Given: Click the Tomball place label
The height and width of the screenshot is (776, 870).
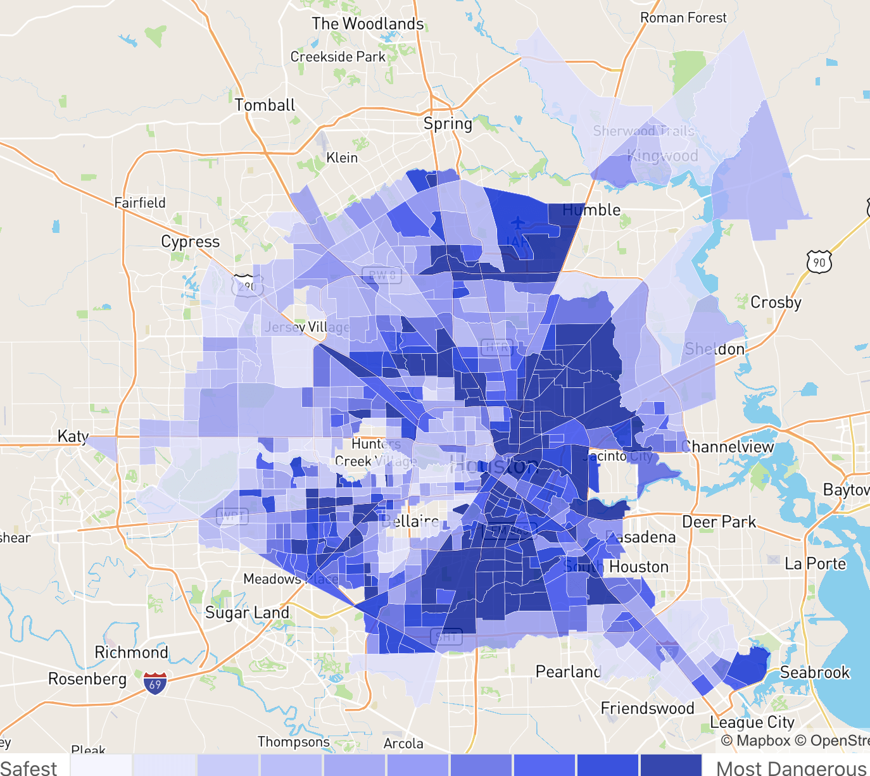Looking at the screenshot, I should (265, 105).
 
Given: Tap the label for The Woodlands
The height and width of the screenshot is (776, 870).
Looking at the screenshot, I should (367, 24).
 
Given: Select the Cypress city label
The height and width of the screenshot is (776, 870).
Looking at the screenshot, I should (190, 242).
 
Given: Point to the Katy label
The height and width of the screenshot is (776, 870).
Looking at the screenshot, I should (73, 436).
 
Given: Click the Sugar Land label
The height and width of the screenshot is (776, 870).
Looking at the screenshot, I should (247, 613).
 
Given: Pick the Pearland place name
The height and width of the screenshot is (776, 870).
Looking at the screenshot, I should (568, 672).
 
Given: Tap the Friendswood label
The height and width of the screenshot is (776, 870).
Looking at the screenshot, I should (647, 708).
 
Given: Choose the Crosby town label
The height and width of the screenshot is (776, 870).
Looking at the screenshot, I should (776, 303).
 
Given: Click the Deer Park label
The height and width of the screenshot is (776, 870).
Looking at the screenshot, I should (719, 522).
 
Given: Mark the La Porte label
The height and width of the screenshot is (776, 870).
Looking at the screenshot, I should (815, 564).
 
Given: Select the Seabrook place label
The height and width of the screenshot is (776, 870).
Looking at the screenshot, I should (814, 672).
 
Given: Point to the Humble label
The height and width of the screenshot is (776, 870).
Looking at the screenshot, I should (591, 210).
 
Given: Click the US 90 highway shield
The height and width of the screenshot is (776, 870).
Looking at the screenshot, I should (819, 261).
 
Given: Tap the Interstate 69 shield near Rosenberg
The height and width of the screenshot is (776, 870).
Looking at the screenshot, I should (155, 683).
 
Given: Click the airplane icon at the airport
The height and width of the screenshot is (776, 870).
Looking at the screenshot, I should (518, 223).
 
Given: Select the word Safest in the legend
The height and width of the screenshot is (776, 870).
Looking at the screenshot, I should (29, 768).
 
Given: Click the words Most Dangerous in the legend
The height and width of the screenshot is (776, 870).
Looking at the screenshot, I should (791, 768).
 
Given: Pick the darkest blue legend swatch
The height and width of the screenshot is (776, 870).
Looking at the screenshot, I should (671, 765).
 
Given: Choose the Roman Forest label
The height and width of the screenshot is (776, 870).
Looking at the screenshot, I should (683, 18).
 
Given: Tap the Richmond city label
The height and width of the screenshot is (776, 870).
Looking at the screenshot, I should (131, 653).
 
